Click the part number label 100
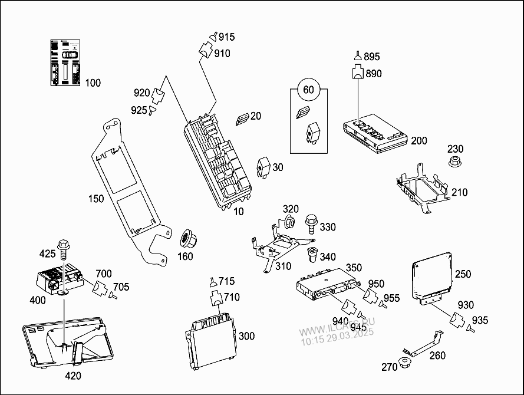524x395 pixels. pos(93,83)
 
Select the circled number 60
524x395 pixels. pos(308,90)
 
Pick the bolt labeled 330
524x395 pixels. pos(310,225)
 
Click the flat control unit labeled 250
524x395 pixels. pos(431,275)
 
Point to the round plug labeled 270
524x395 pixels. pos(404,362)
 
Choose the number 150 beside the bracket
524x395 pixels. pos(97,199)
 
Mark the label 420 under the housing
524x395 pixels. pos(73,376)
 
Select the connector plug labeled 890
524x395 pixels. pos(358,74)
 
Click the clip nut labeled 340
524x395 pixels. pos(313,256)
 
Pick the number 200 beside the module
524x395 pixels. pos(419,141)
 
